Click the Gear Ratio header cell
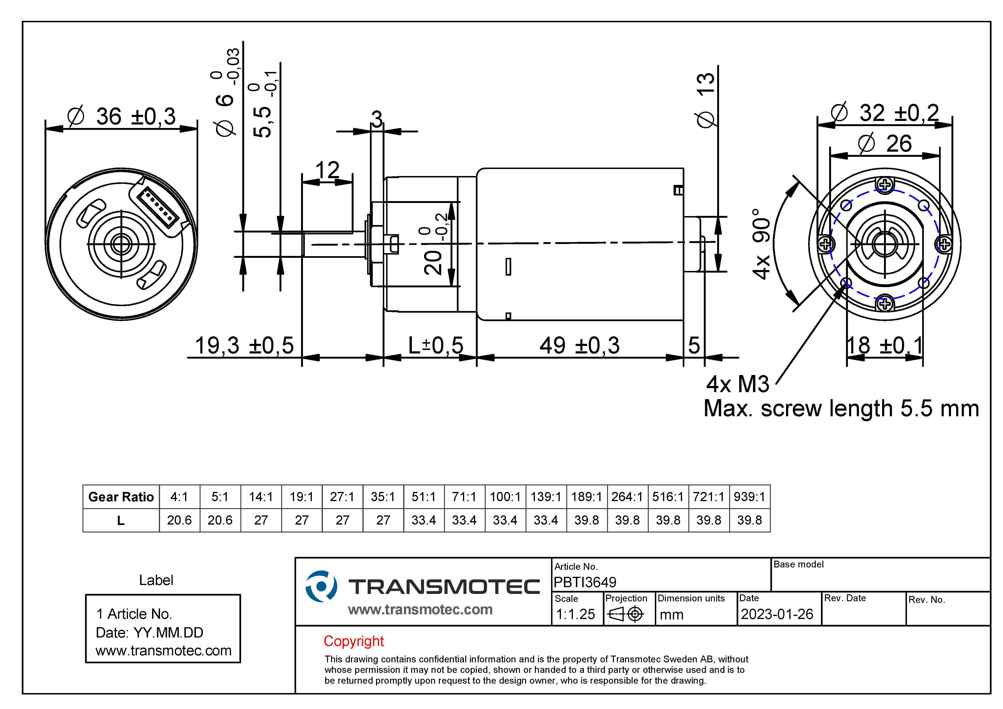[121, 497]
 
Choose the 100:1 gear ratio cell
[505, 497]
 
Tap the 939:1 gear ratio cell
[749, 497]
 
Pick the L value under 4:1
[179, 520]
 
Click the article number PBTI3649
[585, 582]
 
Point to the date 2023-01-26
[777, 614]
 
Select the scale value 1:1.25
[575, 614]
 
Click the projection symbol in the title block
[626, 614]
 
